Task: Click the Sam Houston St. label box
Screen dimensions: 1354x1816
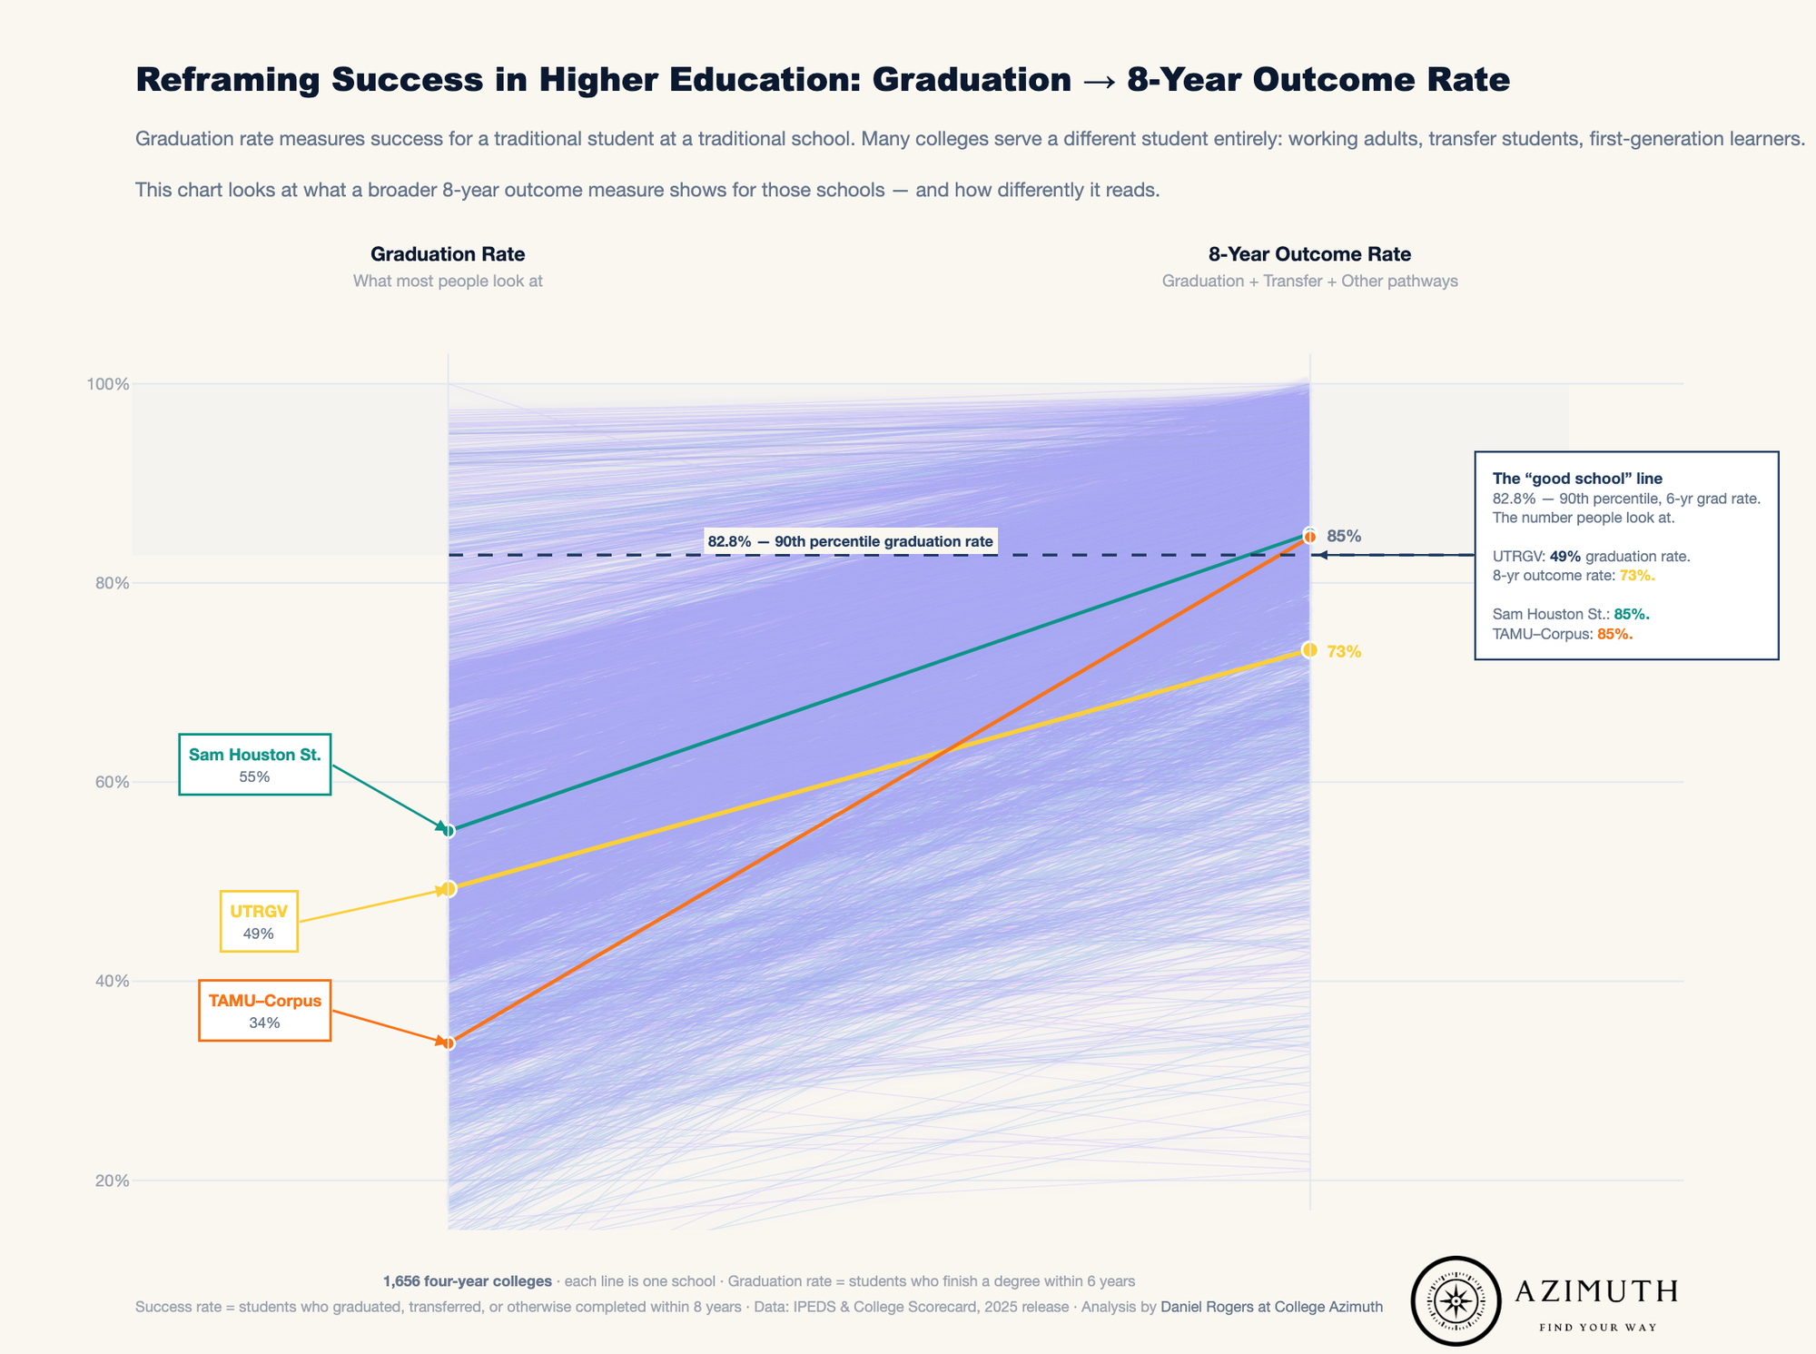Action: point(254,764)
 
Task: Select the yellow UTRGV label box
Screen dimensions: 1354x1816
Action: point(259,922)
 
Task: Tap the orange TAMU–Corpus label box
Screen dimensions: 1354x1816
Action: point(264,1010)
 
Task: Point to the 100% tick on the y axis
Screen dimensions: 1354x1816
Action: point(108,384)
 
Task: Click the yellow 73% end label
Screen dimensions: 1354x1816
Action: point(1344,651)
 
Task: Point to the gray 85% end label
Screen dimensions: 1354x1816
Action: point(1344,536)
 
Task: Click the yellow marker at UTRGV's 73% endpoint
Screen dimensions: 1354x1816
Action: point(1309,649)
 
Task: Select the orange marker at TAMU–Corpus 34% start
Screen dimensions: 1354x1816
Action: point(448,1043)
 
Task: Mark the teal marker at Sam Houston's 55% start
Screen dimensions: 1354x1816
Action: point(448,830)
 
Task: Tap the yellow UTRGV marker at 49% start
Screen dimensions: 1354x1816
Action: point(448,889)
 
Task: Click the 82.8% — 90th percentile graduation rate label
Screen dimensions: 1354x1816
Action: point(850,541)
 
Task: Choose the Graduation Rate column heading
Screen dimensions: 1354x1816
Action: point(448,254)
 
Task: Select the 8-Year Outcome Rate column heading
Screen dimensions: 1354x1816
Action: point(1309,254)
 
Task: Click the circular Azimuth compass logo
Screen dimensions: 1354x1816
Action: point(1456,1300)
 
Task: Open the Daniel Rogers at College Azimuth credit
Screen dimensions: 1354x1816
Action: point(1271,1307)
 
